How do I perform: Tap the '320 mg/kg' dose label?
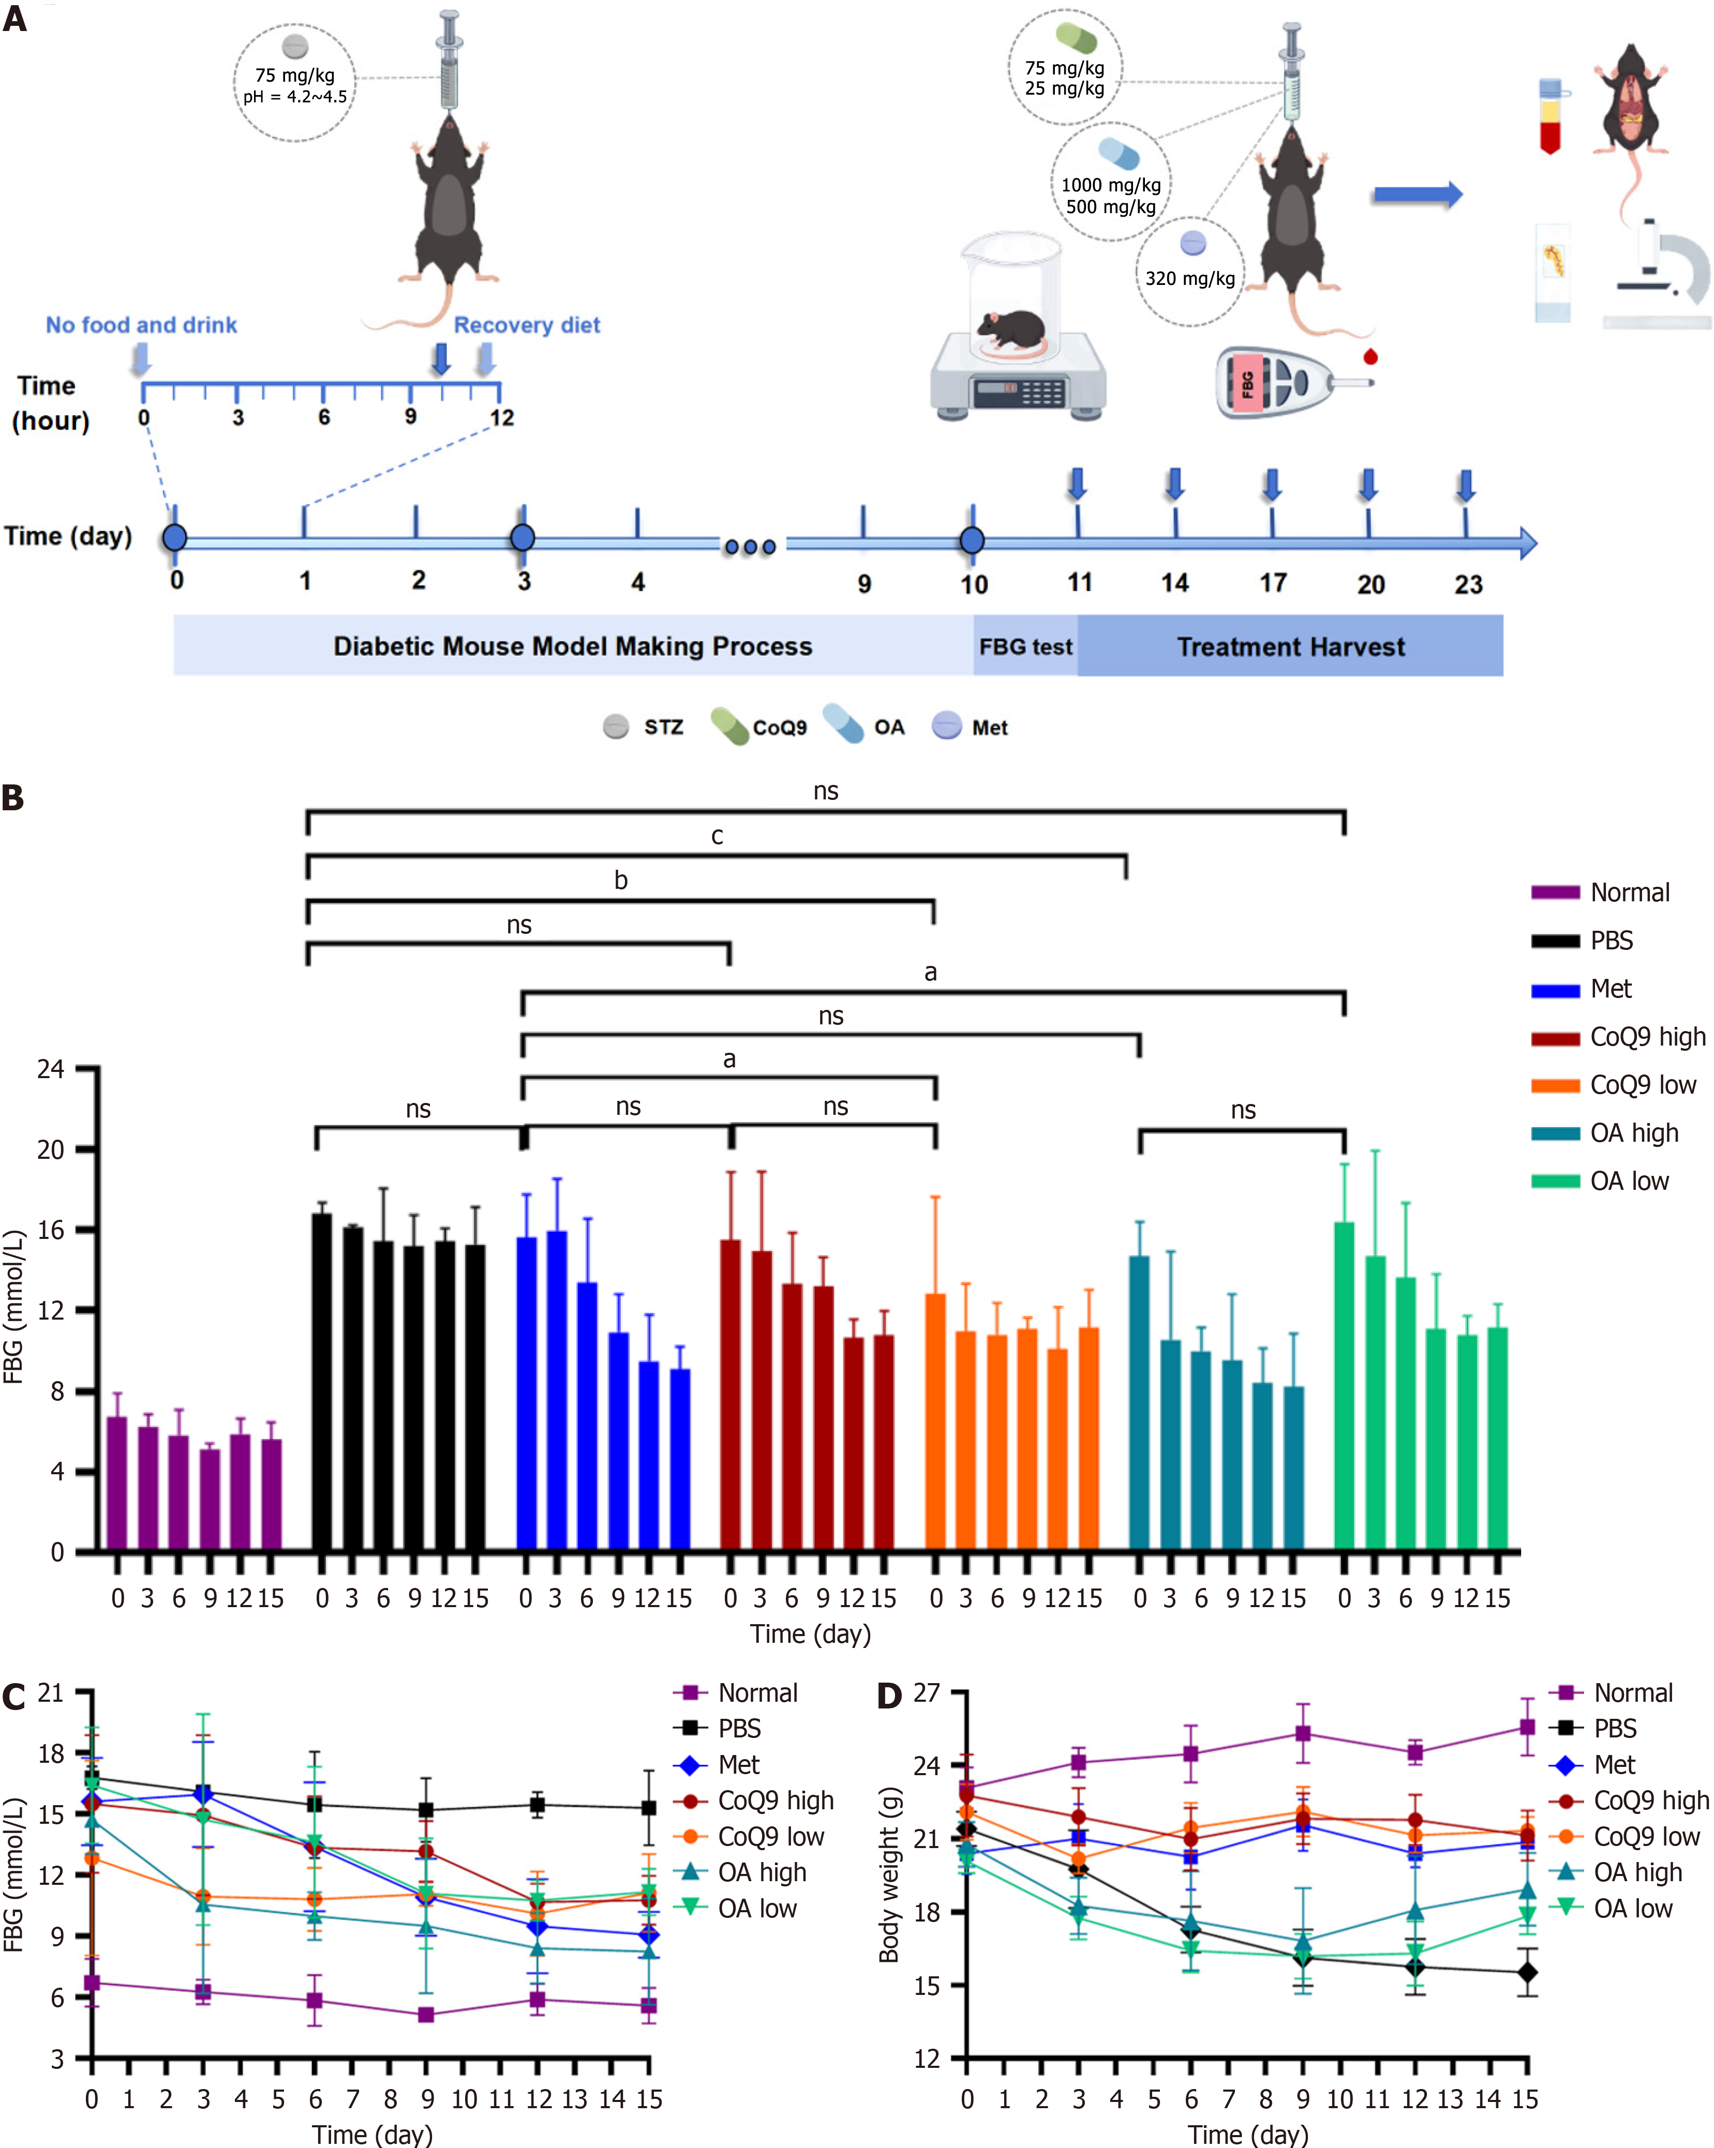[x=1190, y=279]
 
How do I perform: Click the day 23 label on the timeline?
[x=1468, y=585]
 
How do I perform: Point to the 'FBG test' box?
[x=1025, y=646]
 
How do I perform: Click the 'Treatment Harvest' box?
[x=1290, y=646]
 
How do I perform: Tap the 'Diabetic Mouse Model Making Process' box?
[x=573, y=646]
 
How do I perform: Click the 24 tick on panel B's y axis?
[x=52, y=1069]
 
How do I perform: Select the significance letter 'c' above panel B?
[x=718, y=836]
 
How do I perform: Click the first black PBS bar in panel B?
[x=322, y=1381]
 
